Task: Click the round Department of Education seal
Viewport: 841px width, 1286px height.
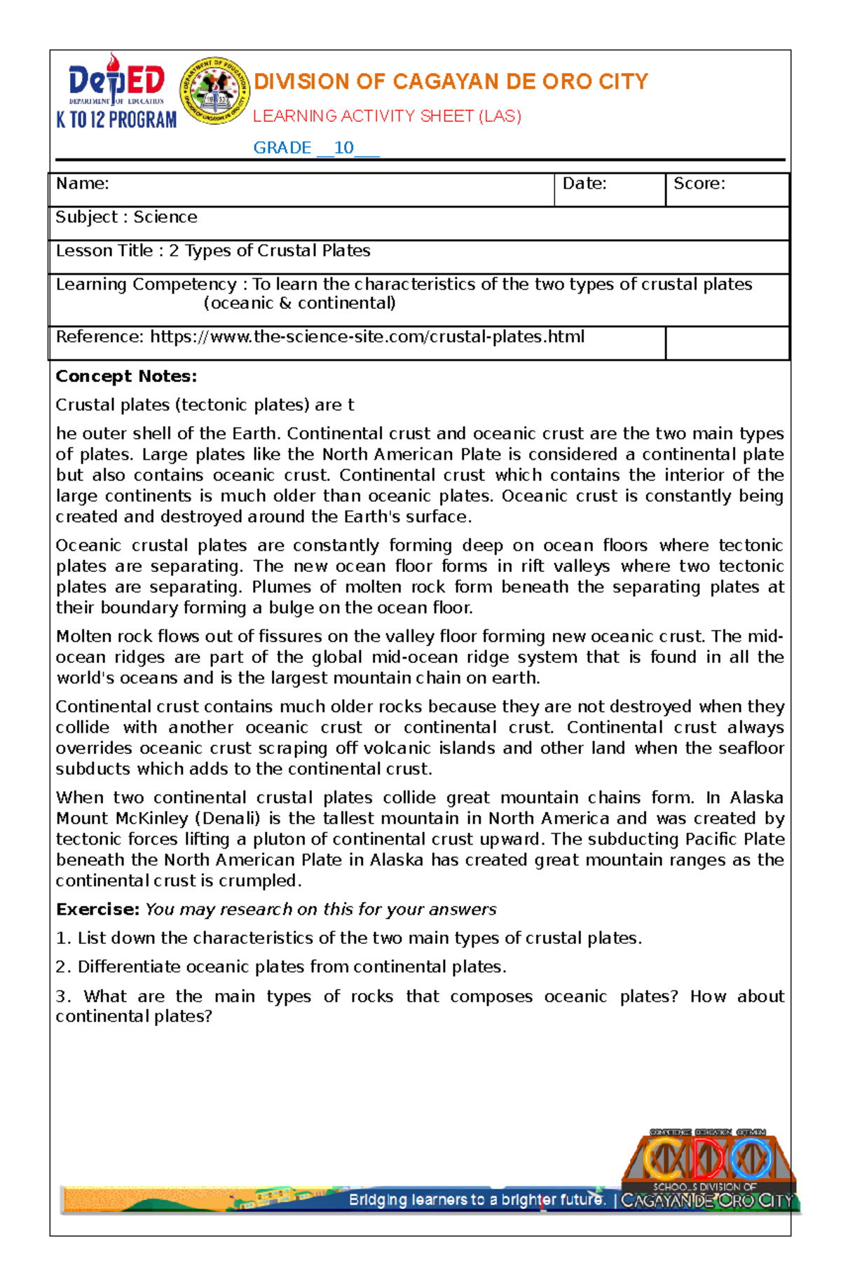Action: tap(214, 91)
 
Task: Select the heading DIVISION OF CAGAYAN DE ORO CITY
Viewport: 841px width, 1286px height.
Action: tap(451, 82)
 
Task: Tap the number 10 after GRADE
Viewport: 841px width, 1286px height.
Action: tap(343, 148)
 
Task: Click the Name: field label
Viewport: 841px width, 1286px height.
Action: tap(82, 184)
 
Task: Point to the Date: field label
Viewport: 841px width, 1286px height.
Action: tap(584, 184)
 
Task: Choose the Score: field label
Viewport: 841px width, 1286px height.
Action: tap(699, 184)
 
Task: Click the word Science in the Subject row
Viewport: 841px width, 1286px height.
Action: tap(165, 217)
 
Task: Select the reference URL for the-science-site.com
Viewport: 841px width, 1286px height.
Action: tap(367, 337)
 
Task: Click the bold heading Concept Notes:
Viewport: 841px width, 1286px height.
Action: tap(126, 376)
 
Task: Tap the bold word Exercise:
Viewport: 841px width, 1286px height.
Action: tap(98, 910)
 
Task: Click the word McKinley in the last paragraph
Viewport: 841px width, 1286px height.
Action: tap(152, 819)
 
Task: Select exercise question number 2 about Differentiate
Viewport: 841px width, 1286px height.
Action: tap(280, 967)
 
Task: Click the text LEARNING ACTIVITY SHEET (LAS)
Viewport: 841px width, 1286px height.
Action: tap(387, 116)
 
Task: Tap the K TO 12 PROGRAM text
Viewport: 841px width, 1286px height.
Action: tap(116, 120)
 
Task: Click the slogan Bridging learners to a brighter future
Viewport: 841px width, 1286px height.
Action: tap(477, 1200)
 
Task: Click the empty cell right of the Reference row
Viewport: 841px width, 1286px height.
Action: tap(727, 343)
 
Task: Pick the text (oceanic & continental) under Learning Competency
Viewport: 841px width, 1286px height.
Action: tap(299, 303)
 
